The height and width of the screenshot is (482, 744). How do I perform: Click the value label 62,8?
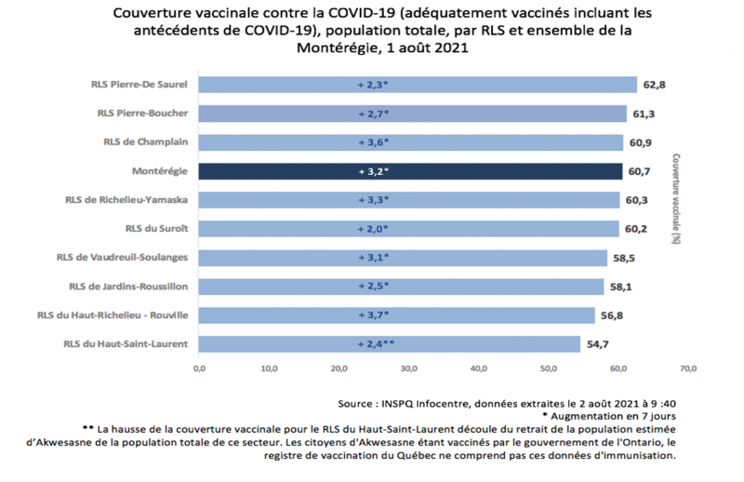(654, 85)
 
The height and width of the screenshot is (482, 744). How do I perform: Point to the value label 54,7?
(598, 343)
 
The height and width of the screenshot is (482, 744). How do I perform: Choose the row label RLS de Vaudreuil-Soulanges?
(123, 258)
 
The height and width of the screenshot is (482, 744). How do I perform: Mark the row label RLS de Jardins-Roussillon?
(128, 286)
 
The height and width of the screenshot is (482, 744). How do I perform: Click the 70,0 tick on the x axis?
(689, 368)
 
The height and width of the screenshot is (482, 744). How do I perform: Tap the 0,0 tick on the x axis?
(199, 368)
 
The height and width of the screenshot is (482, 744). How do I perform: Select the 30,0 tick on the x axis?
(409, 368)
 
